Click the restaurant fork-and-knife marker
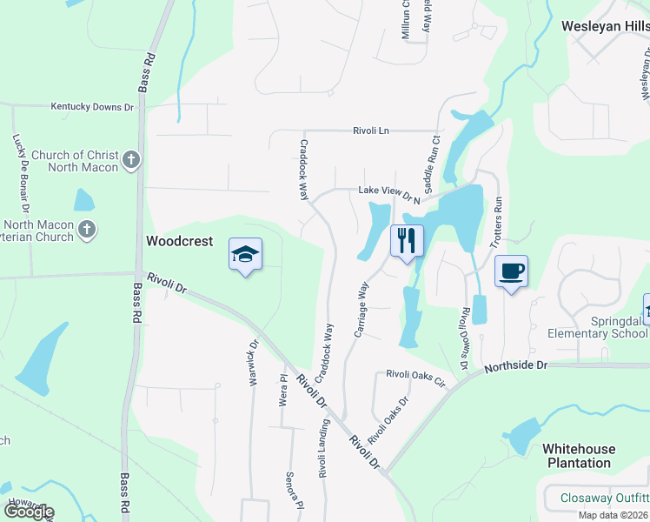(x=407, y=240)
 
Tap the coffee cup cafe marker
(x=511, y=271)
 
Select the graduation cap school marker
(x=246, y=254)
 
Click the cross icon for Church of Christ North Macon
(x=130, y=159)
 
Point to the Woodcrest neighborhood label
(x=180, y=241)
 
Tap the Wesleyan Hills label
(x=605, y=26)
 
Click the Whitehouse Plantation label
(x=579, y=456)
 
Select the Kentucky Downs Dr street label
(x=92, y=107)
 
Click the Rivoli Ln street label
(x=371, y=130)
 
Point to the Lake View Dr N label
(x=389, y=191)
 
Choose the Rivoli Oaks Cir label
(x=415, y=376)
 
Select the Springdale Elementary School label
(x=597, y=327)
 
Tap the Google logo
(x=28, y=512)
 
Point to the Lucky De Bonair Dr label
(x=20, y=174)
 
